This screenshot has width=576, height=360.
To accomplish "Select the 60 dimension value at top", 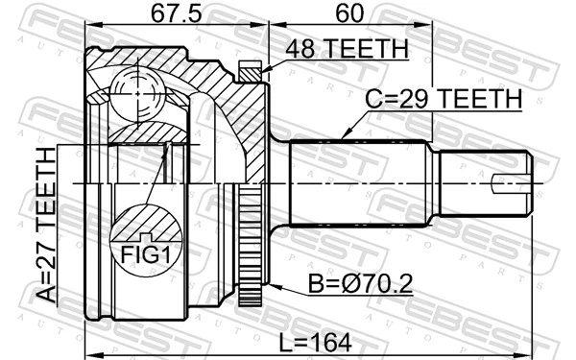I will [351, 14].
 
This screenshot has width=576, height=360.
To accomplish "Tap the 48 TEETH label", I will [347, 49].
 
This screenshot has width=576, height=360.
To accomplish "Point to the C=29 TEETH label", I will [443, 98].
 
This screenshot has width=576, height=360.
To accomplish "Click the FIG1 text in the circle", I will [145, 254].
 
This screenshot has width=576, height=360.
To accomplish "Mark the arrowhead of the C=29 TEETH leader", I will [343, 136].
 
